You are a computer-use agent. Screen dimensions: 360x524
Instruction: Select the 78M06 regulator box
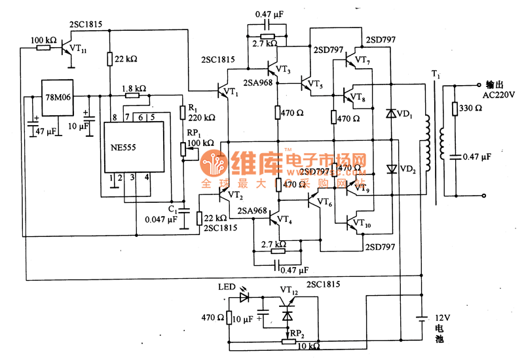(57, 98)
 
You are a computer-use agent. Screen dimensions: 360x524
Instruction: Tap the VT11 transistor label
(78, 48)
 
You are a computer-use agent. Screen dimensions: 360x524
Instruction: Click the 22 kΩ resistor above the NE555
(110, 60)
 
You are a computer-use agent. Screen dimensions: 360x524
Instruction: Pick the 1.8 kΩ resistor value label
(134, 88)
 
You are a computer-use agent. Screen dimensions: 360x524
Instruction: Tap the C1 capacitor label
(172, 209)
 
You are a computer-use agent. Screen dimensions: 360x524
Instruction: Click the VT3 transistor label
(283, 69)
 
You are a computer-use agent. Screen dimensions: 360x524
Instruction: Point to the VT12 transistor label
(290, 289)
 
